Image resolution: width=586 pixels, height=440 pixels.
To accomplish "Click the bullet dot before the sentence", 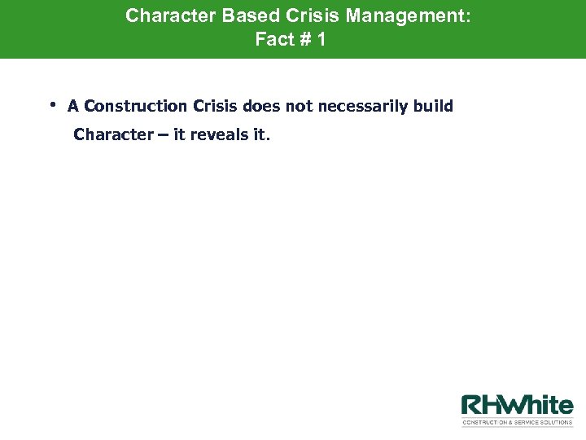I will [51, 103].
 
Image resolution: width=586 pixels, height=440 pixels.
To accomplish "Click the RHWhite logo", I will [518, 405].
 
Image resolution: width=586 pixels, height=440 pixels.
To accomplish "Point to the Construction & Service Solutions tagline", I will [518, 422].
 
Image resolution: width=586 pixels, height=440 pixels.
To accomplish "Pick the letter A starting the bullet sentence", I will [73, 106].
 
